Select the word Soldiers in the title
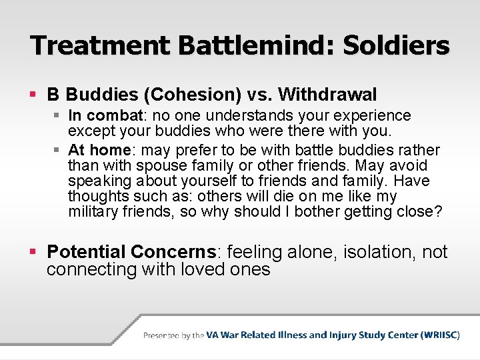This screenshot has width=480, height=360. click(x=396, y=45)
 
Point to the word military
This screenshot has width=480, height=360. click(x=91, y=212)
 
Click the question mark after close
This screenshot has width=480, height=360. click(x=437, y=212)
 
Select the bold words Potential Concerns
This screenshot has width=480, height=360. click(x=132, y=252)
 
